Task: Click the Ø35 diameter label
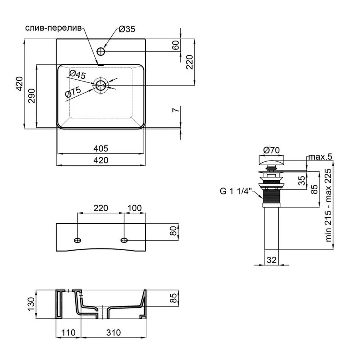[x=127, y=29]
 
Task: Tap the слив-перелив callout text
[x=53, y=28]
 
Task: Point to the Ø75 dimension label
[x=73, y=92]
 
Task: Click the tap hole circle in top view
[x=101, y=51]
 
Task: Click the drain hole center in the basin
[x=101, y=85]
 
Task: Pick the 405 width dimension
[x=101, y=149]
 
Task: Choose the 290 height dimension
[x=31, y=96]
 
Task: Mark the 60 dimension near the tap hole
[x=175, y=45]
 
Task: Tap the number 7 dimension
[x=176, y=110]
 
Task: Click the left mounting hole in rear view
[x=78, y=240]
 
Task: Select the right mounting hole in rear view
[x=124, y=240]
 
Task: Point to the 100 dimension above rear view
[x=135, y=208]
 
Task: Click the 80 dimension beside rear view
[x=174, y=231]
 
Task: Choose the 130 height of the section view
[x=31, y=304]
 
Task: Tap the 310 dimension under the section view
[x=113, y=332]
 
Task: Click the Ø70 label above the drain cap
[x=271, y=150]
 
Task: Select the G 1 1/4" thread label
[x=236, y=191]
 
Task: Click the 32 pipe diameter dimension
[x=271, y=260]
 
